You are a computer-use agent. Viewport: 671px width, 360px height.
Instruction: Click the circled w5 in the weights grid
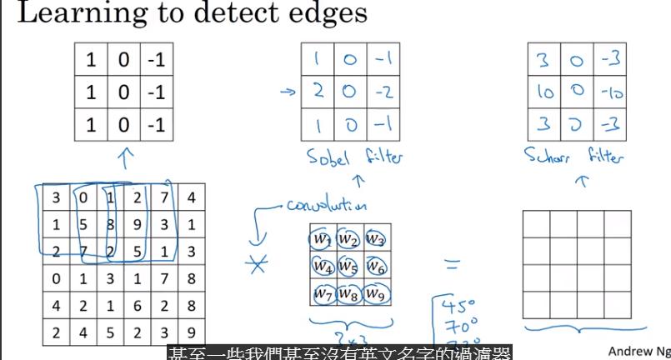[349, 267]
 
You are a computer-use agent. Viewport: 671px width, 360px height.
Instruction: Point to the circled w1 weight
[321, 240]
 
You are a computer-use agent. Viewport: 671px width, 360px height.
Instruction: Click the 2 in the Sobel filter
[318, 90]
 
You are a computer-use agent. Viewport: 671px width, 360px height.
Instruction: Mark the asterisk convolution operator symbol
[259, 265]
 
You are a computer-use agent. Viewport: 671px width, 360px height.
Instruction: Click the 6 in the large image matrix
[137, 307]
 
